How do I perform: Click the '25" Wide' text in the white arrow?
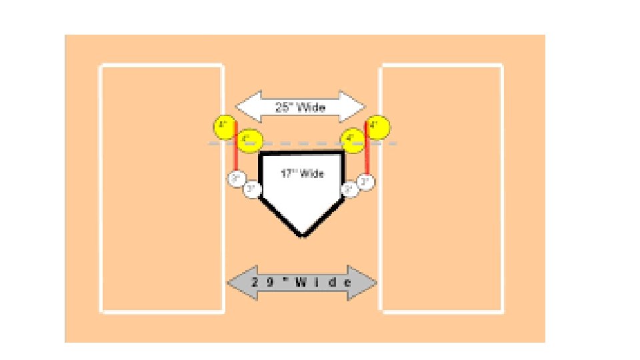pyautogui.click(x=301, y=107)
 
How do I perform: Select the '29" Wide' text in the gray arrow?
pyautogui.click(x=301, y=282)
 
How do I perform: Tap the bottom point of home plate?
pyautogui.click(x=303, y=235)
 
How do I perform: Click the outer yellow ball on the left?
pyautogui.click(x=224, y=125)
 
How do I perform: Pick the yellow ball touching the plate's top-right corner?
pyautogui.click(x=351, y=140)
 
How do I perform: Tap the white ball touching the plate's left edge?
pyautogui.click(x=251, y=189)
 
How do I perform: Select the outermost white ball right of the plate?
pyautogui.click(x=366, y=181)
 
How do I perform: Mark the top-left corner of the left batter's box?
pyautogui.click(x=101, y=65)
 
